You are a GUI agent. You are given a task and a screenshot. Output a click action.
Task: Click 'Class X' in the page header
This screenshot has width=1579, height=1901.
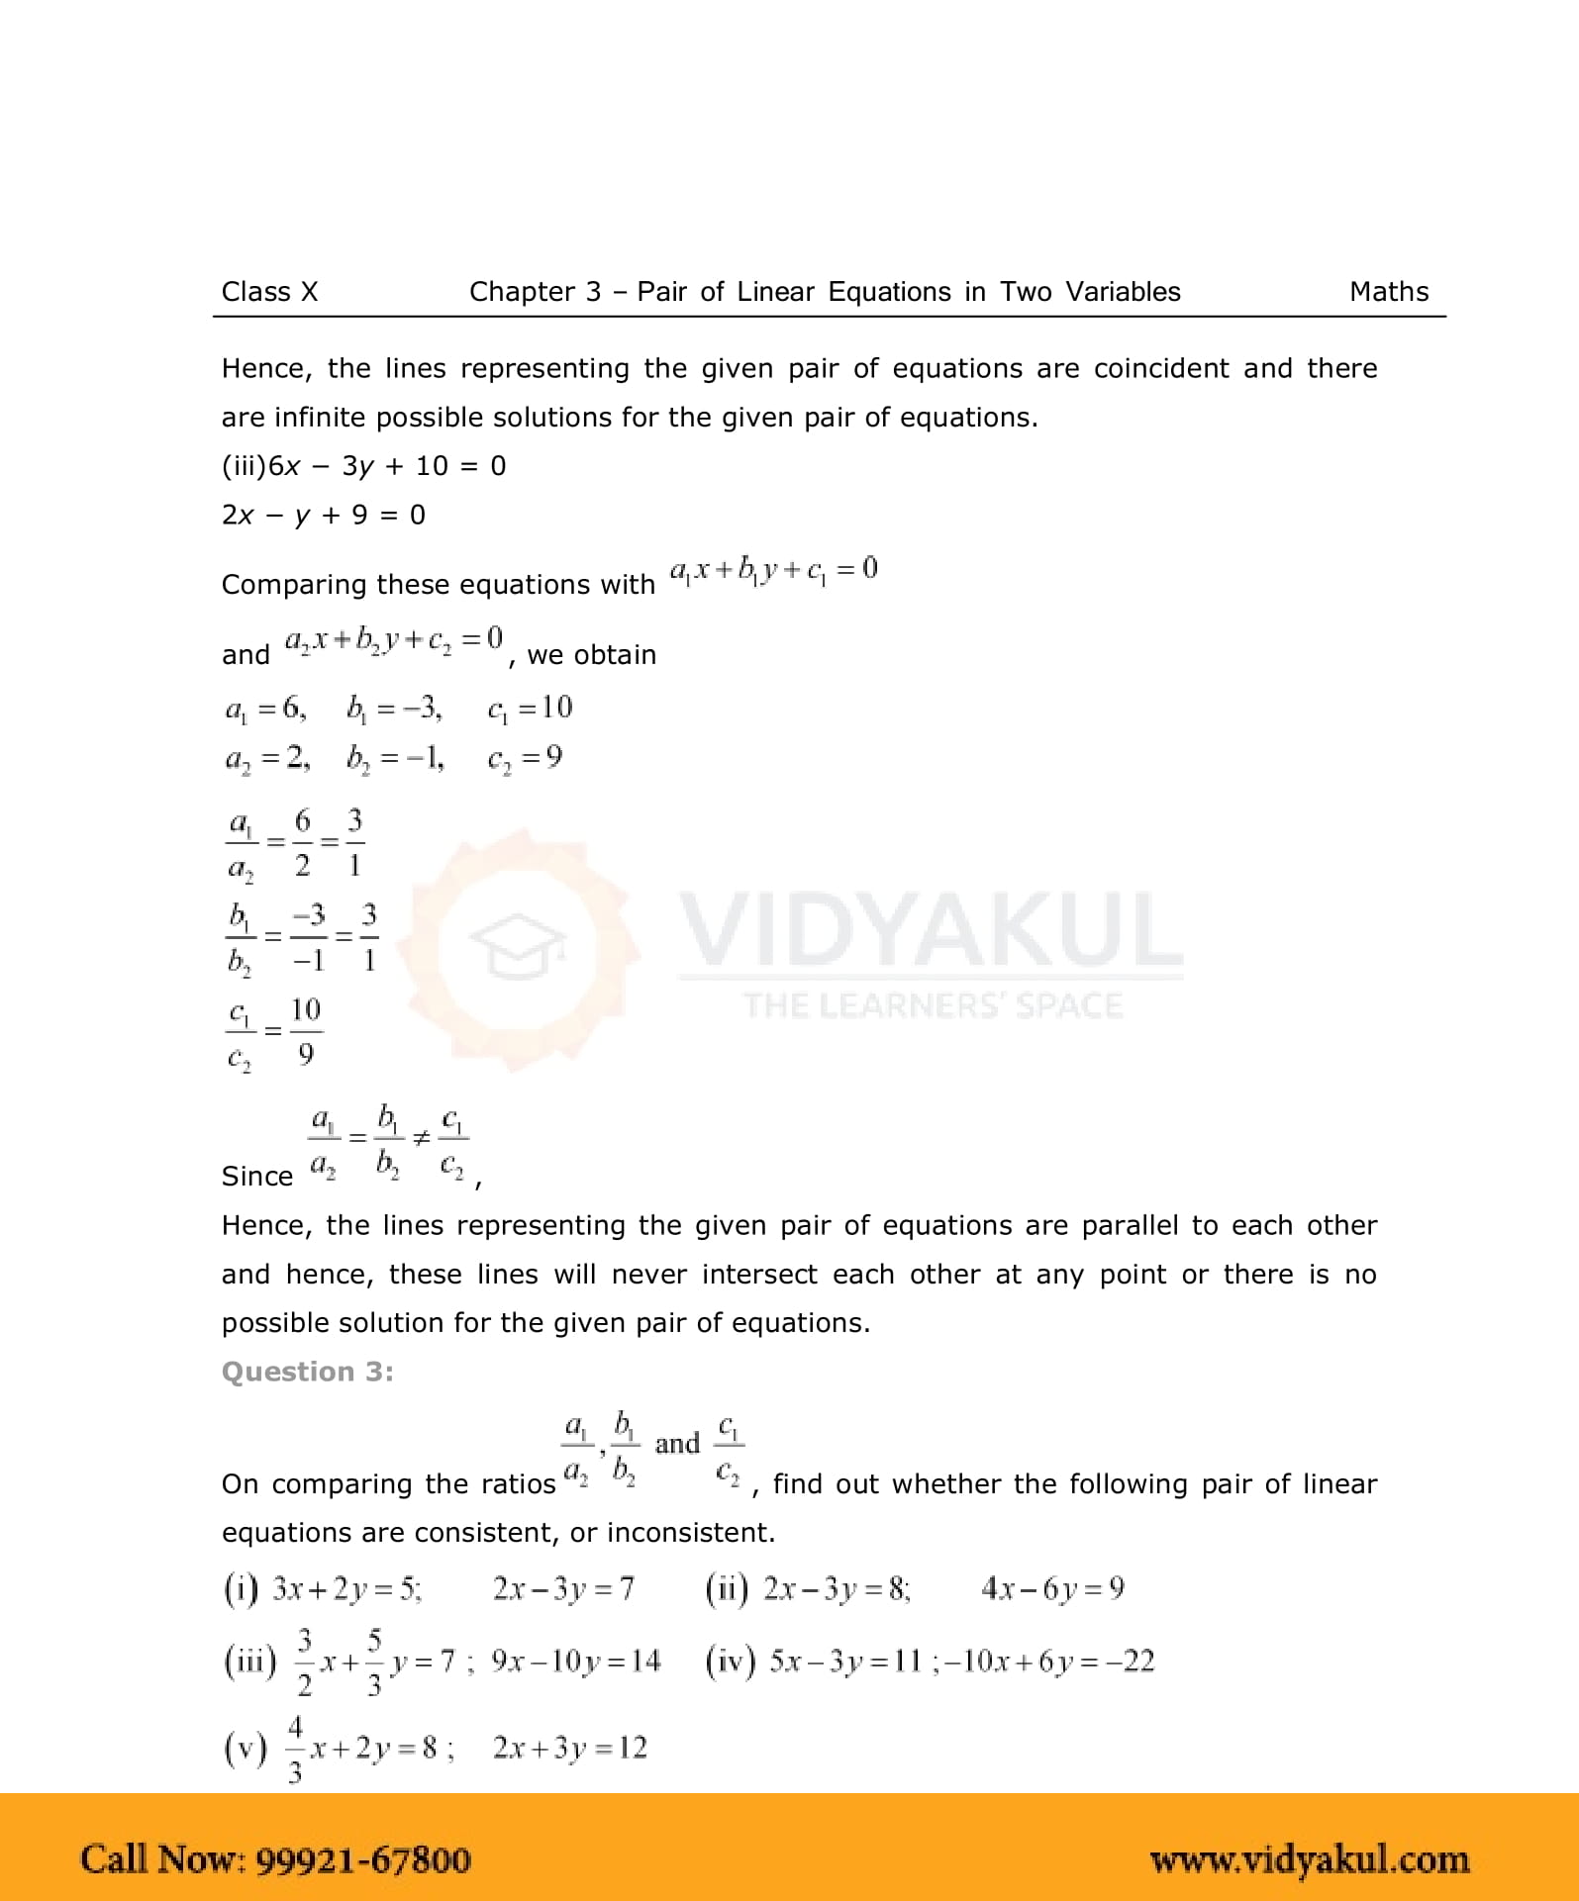tap(269, 292)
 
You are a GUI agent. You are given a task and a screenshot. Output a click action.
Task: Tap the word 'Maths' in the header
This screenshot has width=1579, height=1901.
tap(1388, 292)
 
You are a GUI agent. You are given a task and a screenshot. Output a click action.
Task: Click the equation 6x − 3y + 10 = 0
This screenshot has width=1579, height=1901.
tap(387, 466)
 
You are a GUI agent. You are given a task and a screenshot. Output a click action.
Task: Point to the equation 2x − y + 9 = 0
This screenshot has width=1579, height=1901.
tap(323, 515)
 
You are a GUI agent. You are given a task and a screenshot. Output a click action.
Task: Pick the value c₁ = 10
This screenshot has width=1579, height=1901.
tap(530, 708)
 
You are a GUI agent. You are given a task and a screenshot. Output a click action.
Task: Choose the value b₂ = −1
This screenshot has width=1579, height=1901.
tap(395, 758)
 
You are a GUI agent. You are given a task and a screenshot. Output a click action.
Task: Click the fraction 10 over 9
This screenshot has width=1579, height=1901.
tap(305, 1031)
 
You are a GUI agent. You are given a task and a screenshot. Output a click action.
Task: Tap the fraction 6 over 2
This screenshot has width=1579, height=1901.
tap(302, 842)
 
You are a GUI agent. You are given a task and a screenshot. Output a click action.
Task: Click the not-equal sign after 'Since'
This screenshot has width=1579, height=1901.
tap(421, 1139)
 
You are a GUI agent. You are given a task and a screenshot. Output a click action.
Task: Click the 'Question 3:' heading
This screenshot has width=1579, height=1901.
tap(307, 1372)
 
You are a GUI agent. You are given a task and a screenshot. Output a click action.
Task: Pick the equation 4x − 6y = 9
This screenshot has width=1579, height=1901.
tap(1052, 1588)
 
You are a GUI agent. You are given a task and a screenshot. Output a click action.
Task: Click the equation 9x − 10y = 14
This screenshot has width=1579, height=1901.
tap(575, 1661)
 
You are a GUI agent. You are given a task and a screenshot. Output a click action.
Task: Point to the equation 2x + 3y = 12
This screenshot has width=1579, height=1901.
tap(569, 1748)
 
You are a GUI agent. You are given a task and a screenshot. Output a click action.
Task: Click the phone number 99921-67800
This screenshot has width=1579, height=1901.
tap(363, 1859)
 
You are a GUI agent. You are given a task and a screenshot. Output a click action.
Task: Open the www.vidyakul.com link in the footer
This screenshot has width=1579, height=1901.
tap(1309, 1859)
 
